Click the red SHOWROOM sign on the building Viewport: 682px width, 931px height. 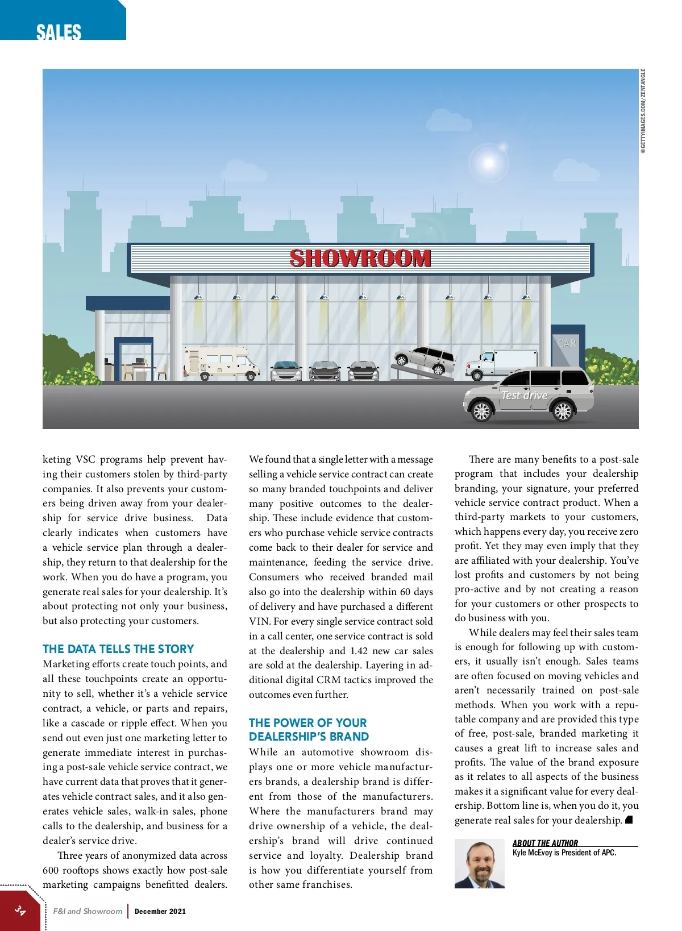tap(360, 259)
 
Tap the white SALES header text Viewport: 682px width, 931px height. tap(59, 32)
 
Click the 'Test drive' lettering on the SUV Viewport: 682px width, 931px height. tap(524, 395)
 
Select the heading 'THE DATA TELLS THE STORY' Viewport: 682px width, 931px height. tap(118, 649)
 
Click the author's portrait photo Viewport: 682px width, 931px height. tap(479, 863)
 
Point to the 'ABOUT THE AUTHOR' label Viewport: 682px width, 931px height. tap(545, 843)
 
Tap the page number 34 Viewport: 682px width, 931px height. tap(20, 910)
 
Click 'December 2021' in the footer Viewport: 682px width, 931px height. tap(160, 911)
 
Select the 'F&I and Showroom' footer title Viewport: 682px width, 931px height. tap(88, 911)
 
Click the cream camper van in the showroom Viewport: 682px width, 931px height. tap(221, 362)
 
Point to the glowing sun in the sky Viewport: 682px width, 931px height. tap(489, 163)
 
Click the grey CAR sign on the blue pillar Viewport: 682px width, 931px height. tap(567, 343)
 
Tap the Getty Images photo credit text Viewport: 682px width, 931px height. tap(643, 111)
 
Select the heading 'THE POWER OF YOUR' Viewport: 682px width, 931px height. tap(307, 723)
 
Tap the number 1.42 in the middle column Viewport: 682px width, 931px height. tap(359, 651)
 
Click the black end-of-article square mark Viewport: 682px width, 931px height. tap(629, 820)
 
